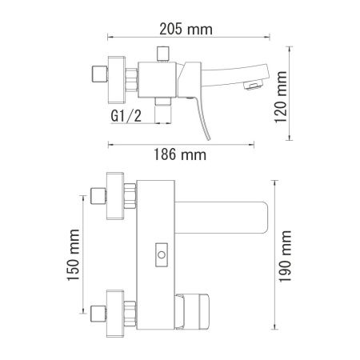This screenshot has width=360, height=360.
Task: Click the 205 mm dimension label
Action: tap(186, 30)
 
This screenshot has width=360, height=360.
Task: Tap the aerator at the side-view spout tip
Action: tap(253, 84)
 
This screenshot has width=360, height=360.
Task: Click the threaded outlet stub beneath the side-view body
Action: tap(163, 102)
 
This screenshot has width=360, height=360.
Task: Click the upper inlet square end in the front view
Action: tap(102, 197)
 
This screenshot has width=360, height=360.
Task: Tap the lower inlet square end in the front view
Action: tap(102, 312)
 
